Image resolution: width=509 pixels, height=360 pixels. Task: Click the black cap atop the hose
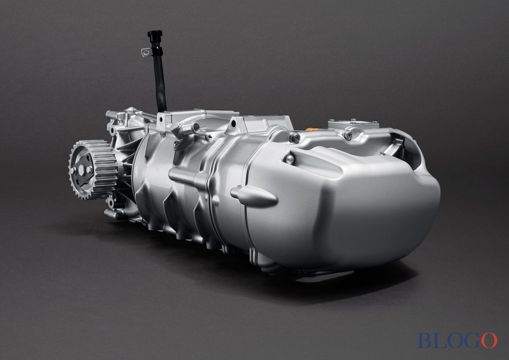[155, 34]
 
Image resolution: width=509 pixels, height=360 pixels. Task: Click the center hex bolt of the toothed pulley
[82, 169]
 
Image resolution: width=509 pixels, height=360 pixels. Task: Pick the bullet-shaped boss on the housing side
[254, 196]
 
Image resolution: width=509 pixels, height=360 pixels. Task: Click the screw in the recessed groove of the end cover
[289, 160]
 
